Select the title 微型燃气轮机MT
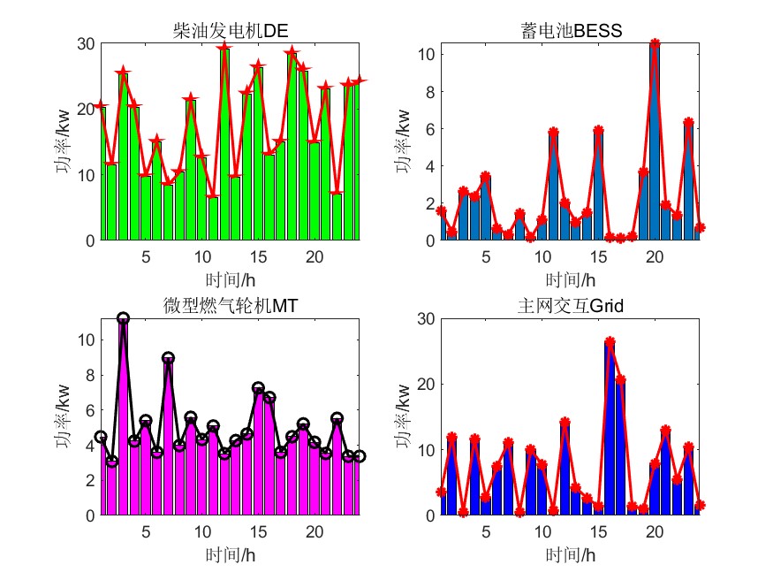(231, 306)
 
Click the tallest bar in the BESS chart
(655, 141)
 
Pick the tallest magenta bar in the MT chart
(123, 416)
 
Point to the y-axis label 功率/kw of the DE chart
(65, 141)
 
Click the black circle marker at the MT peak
(123, 318)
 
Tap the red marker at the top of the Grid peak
(610, 341)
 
